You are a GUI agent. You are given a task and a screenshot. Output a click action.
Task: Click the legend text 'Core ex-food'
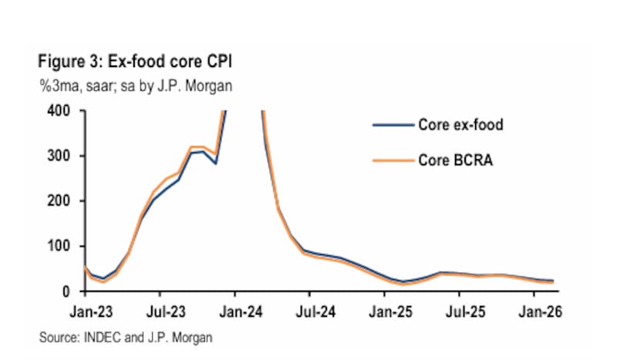pyautogui.click(x=460, y=124)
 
